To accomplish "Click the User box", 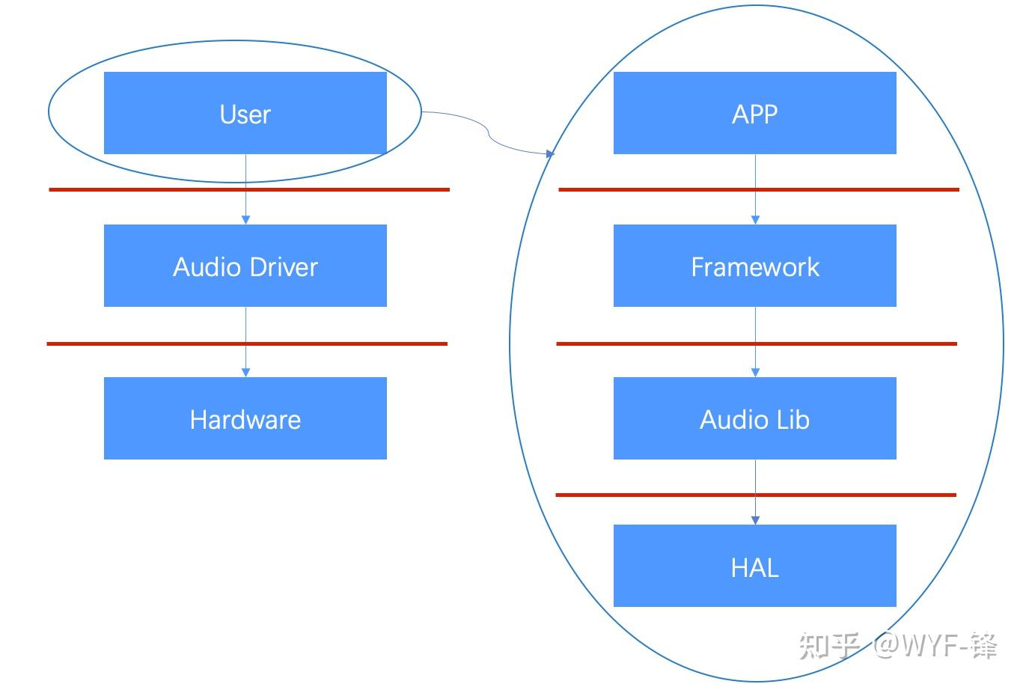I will [245, 113].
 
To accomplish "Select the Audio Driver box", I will [245, 266].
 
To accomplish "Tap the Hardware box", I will [245, 418].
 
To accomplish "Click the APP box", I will [754, 113].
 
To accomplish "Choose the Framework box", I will [754, 266].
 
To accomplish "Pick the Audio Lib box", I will [754, 418].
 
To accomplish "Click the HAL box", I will [754, 566].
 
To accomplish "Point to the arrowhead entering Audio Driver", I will [245, 220].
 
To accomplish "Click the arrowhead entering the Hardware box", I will [245, 372].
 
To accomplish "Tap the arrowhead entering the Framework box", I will [755, 220].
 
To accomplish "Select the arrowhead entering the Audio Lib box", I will [755, 372].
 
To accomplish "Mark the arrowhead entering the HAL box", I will [755, 519].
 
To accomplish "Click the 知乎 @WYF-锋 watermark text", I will [897, 645].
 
